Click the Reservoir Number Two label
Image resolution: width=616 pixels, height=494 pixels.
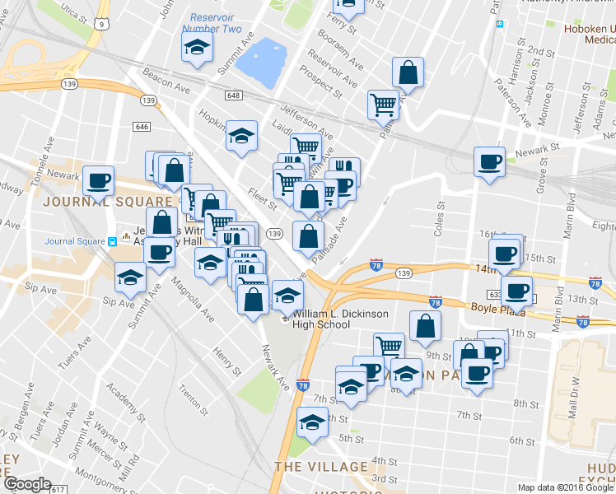(x=215, y=23)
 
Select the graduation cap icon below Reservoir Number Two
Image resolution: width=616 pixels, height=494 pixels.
(x=196, y=49)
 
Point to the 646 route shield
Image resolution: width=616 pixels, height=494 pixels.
(x=142, y=126)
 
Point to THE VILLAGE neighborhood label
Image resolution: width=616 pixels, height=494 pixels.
(x=321, y=466)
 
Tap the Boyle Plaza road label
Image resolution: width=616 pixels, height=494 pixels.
(x=494, y=308)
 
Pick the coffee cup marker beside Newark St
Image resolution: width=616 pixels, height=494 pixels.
(x=489, y=160)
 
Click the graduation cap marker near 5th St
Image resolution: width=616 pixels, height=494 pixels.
(x=312, y=422)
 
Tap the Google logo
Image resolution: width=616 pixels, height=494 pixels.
(x=27, y=484)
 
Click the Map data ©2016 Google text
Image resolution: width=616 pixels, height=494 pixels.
(x=565, y=487)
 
